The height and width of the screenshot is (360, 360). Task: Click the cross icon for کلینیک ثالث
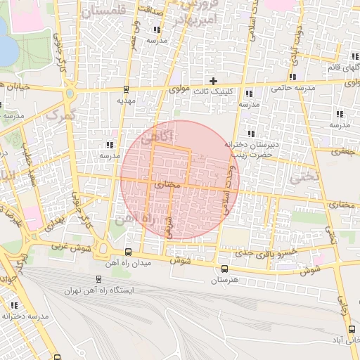pyautogui.click(x=214, y=81)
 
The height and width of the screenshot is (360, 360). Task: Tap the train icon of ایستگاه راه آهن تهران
pyautogui.click(x=98, y=279)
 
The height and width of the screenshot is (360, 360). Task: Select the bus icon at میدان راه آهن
pyautogui.click(x=127, y=252)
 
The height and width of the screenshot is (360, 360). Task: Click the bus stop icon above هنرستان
pyautogui.click(x=224, y=269)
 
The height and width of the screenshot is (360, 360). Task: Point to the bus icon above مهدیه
pyautogui.click(x=126, y=89)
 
